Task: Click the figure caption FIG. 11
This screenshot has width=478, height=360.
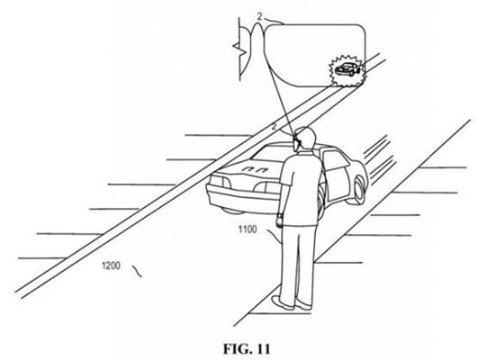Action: [247, 349]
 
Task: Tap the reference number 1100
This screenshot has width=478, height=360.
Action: [248, 229]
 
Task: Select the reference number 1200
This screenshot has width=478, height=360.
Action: [111, 265]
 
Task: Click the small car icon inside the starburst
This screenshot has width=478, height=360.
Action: [347, 69]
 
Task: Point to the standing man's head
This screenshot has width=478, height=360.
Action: [305, 139]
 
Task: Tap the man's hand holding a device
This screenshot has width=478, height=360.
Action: [279, 220]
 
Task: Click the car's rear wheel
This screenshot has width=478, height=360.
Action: [359, 189]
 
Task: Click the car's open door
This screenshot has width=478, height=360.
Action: [336, 177]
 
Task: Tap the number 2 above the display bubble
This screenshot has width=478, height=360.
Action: [259, 17]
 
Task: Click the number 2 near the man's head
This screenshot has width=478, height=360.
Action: [274, 127]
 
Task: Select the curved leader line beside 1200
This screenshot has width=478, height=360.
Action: [137, 271]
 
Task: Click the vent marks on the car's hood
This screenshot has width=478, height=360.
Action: [256, 169]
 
